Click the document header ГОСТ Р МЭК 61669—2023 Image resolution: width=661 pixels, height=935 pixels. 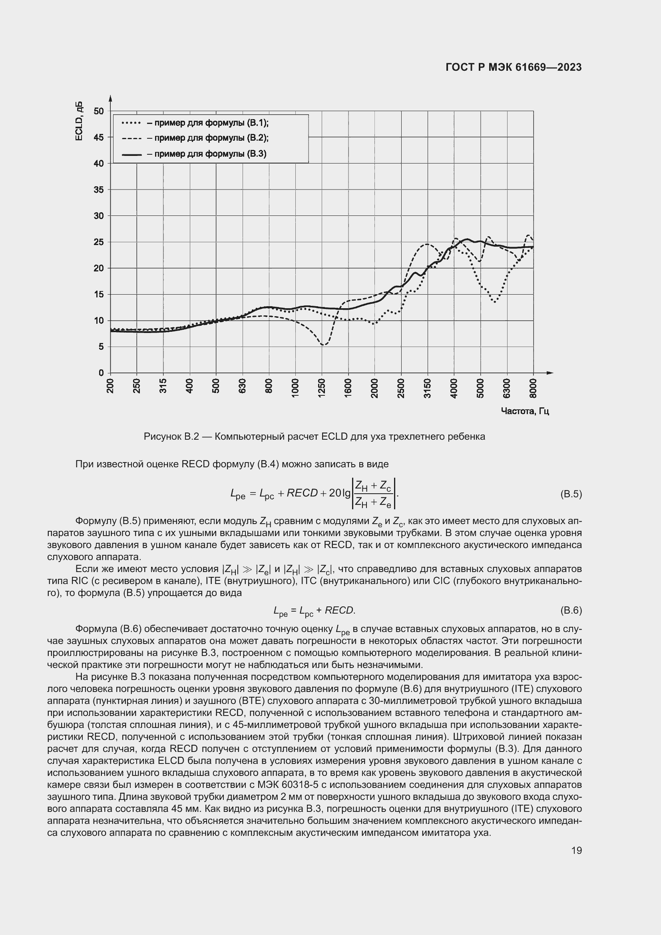(x=514, y=68)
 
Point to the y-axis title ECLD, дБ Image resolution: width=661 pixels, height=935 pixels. (x=79, y=121)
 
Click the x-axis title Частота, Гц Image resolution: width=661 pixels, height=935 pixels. (x=525, y=411)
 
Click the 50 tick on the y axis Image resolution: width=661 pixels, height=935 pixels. (x=98, y=111)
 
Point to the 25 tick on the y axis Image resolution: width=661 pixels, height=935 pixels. (x=98, y=242)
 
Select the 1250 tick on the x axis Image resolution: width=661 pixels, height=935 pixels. (x=322, y=386)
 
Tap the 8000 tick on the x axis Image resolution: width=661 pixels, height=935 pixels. (x=533, y=386)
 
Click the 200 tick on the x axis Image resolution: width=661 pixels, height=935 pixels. (x=110, y=386)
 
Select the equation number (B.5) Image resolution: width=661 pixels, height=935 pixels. (x=571, y=494)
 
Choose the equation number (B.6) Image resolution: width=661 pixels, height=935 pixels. (x=571, y=610)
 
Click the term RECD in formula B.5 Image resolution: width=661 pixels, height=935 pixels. (x=302, y=493)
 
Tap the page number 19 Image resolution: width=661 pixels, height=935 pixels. (x=576, y=850)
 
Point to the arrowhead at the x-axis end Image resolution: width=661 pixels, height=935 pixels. (x=550, y=373)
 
